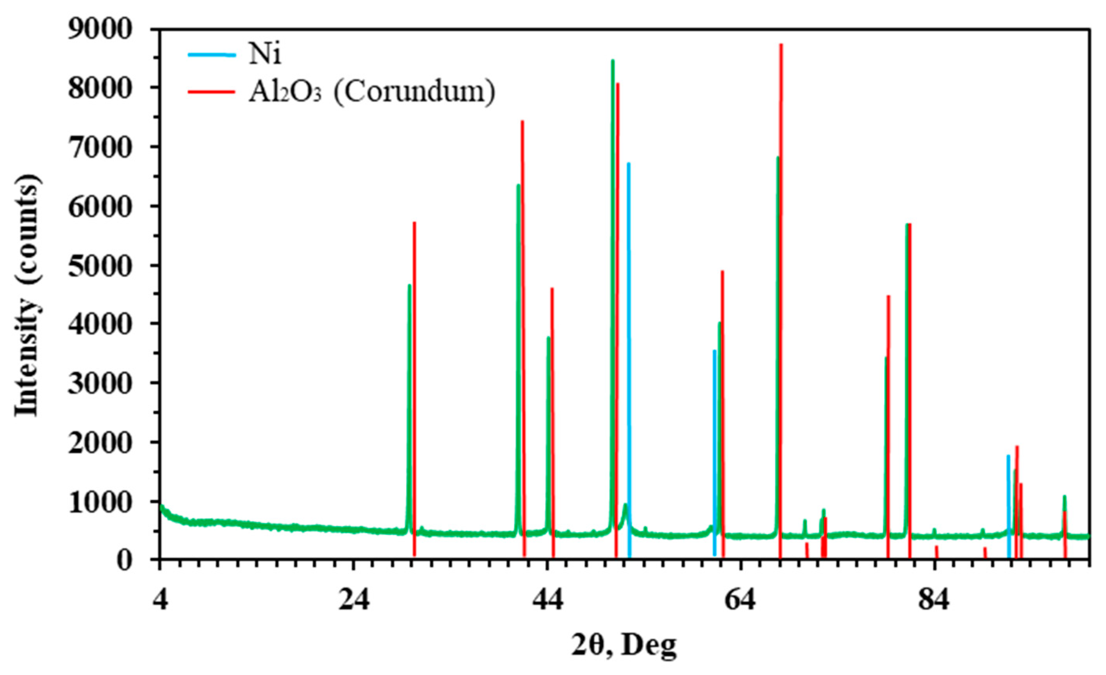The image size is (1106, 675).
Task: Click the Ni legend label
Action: tap(265, 55)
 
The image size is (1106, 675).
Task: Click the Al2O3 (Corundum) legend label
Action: tap(372, 92)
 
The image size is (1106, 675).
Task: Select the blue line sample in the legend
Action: tap(211, 55)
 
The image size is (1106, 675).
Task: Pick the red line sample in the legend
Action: tap(211, 91)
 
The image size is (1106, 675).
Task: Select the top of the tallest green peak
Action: tap(613, 61)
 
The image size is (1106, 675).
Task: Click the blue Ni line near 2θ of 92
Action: tap(1009, 503)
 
